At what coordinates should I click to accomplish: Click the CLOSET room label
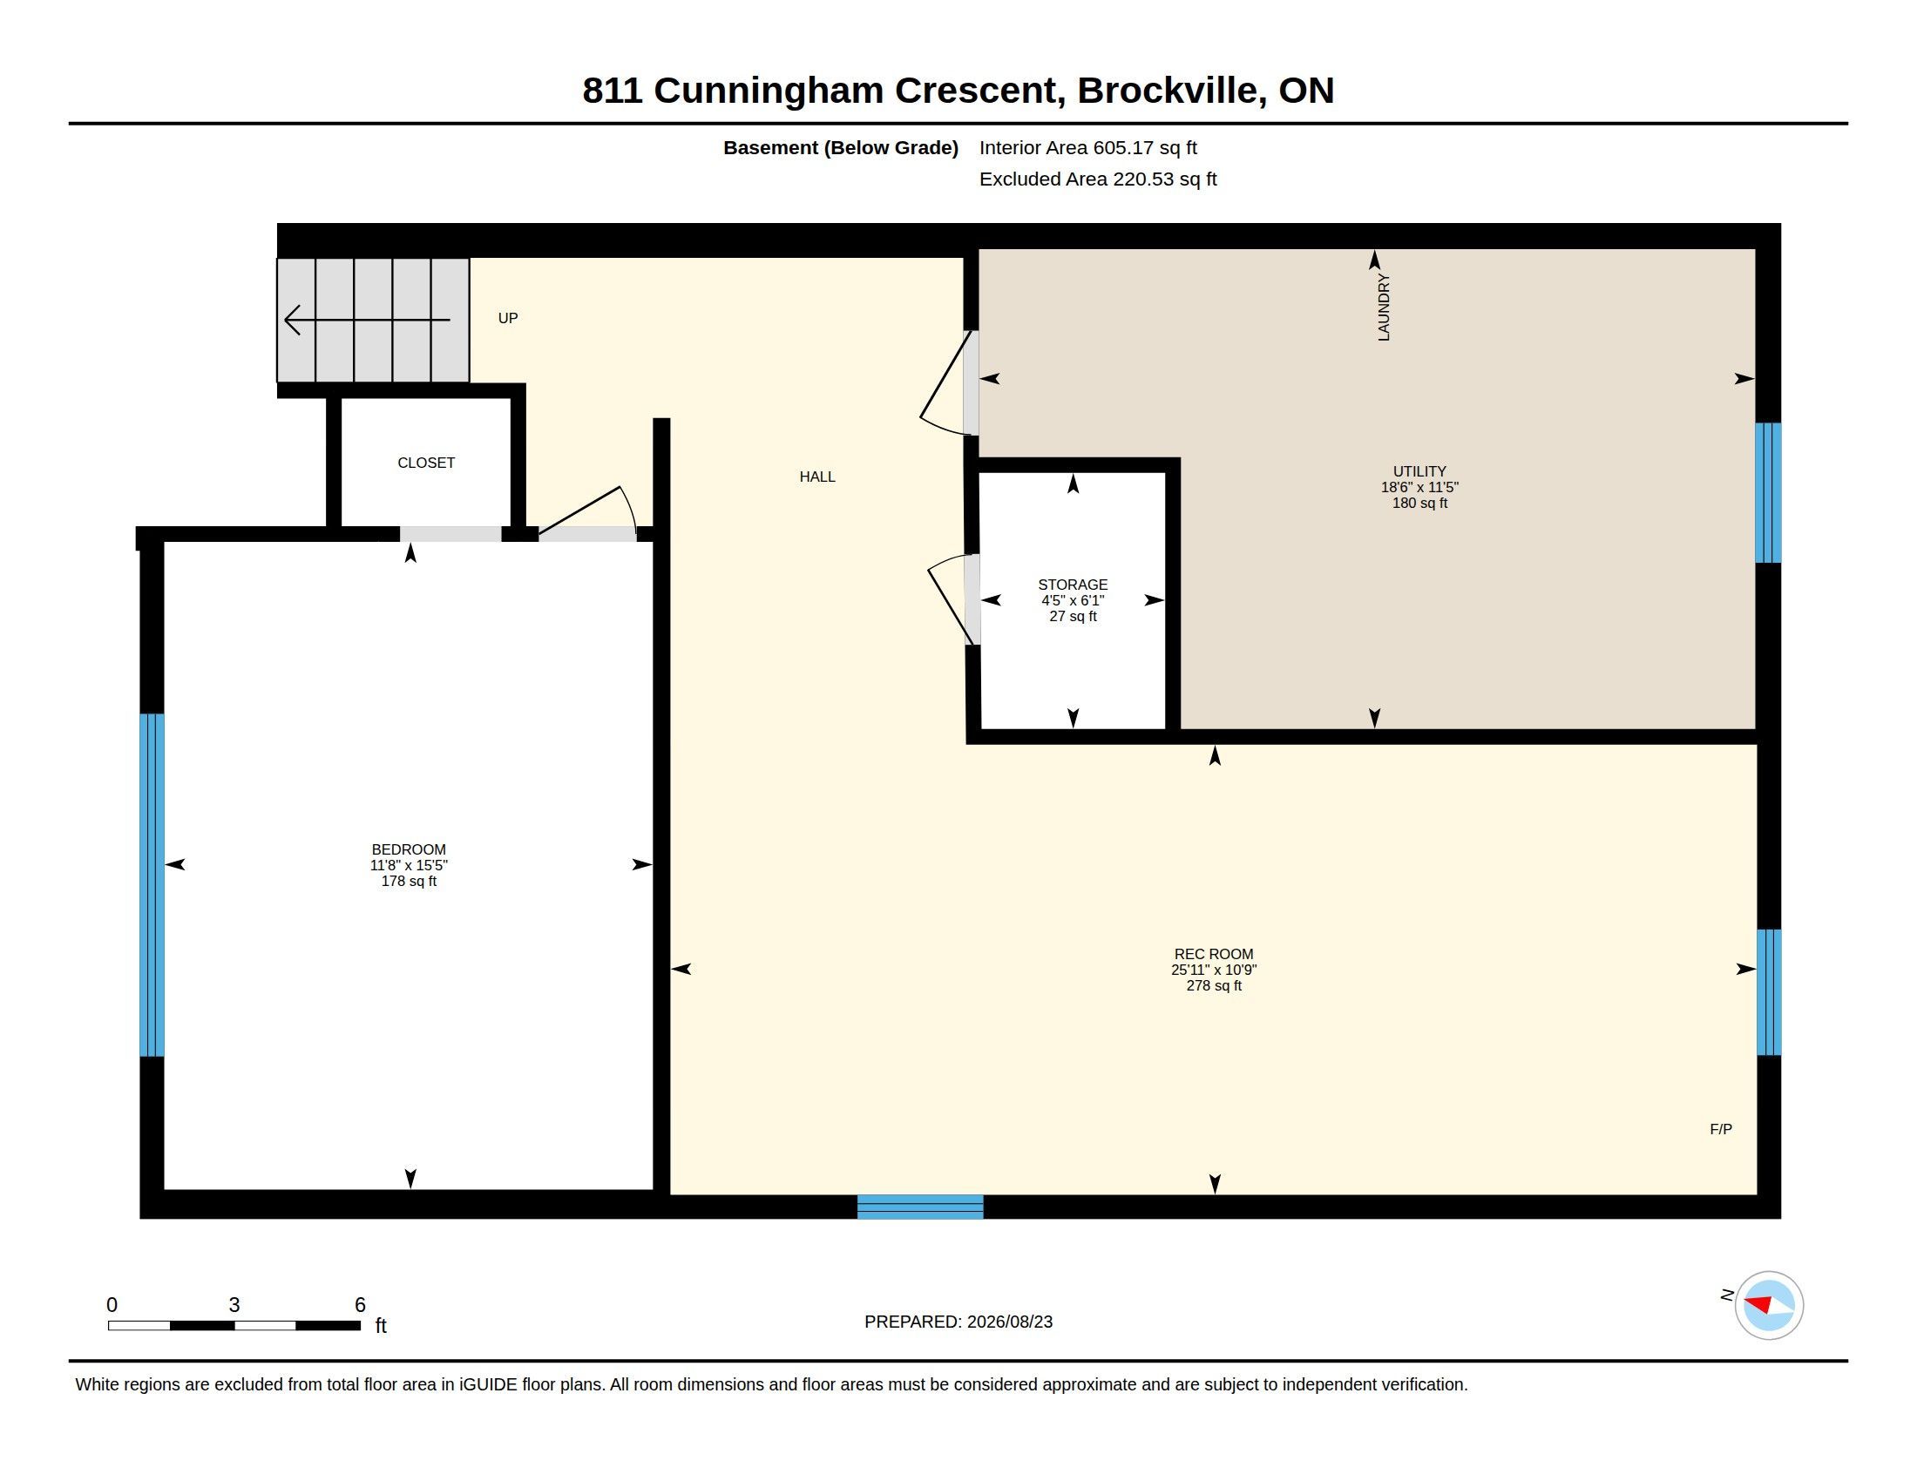[x=426, y=463]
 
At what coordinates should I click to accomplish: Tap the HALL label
[x=817, y=477]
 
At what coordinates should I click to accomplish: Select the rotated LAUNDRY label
[x=1384, y=307]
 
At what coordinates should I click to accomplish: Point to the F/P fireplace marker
[x=1720, y=1129]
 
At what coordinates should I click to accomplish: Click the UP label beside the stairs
[x=508, y=318]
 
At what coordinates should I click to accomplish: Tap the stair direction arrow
[x=367, y=321]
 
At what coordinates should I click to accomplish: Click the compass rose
[x=1769, y=1305]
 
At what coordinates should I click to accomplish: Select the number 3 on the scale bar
[x=234, y=1305]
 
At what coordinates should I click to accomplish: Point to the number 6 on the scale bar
[x=360, y=1305]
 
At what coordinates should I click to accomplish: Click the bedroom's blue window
[x=152, y=884]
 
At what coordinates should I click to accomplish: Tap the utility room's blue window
[x=1768, y=492]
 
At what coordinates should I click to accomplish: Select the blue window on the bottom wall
[x=920, y=1207]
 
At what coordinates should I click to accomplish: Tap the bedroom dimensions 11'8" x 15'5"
[x=409, y=865]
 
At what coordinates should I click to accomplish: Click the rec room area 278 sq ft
[x=1214, y=985]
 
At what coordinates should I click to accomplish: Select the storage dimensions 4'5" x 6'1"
[x=1073, y=600]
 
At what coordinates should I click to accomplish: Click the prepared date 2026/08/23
[x=1009, y=1322]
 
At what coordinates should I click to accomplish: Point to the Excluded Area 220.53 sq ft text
[x=1098, y=179]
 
